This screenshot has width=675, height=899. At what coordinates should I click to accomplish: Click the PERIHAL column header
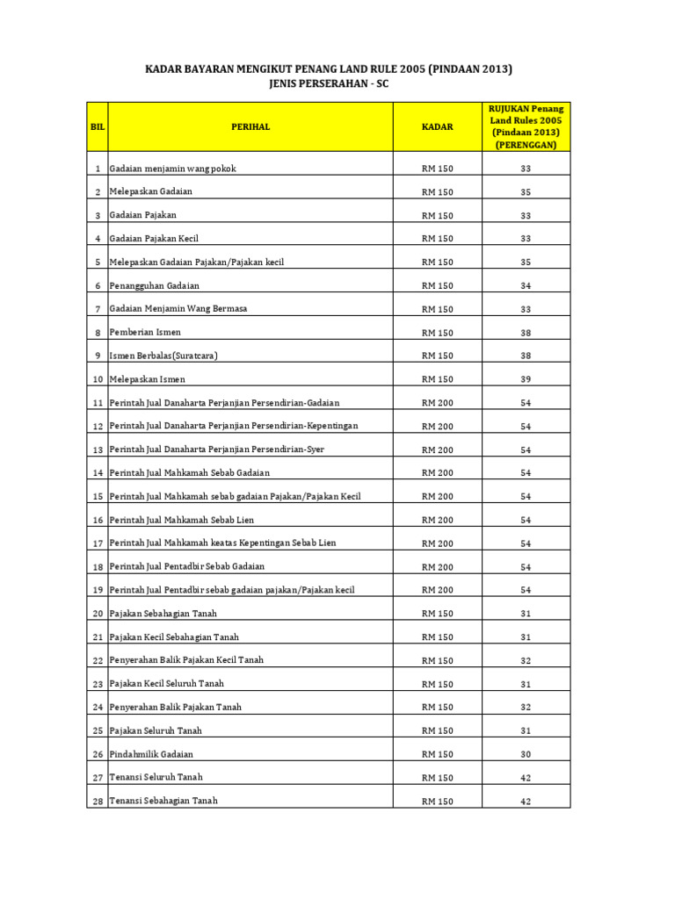(250, 127)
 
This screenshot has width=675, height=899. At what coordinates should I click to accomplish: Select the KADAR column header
(437, 127)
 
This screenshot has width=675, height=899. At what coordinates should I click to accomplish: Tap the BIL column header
(98, 127)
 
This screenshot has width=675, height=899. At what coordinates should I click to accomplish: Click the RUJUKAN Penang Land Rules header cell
(526, 126)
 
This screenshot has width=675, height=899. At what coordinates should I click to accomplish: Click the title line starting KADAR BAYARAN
(328, 68)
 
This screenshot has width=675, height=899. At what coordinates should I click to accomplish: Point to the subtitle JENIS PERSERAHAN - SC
(328, 84)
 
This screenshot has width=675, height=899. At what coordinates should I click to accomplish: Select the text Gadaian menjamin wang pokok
(172, 168)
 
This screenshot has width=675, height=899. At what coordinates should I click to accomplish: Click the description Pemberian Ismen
(145, 333)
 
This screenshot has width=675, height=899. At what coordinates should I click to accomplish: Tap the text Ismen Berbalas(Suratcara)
(163, 356)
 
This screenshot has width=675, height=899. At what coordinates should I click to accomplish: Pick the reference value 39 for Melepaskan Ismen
(526, 380)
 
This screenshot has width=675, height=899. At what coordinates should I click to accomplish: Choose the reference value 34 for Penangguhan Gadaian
(526, 286)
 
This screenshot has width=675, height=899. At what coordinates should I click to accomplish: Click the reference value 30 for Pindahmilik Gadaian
(526, 754)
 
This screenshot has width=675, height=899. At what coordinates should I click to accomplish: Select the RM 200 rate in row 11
(437, 403)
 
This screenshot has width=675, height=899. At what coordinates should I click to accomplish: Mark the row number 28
(97, 801)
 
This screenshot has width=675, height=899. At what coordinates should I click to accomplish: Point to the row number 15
(97, 497)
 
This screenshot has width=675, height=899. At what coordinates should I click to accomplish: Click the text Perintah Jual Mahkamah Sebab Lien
(182, 520)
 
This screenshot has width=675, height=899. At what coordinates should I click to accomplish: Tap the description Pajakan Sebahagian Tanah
(163, 613)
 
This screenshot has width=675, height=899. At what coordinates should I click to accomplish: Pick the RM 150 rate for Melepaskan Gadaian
(437, 192)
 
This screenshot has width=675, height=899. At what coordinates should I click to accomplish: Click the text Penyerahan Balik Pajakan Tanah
(175, 707)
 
